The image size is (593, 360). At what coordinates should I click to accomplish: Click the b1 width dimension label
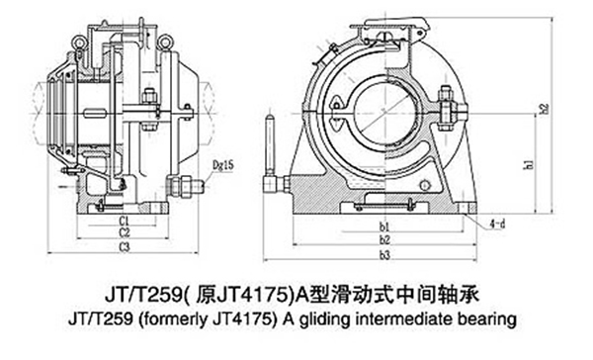(x=384, y=228)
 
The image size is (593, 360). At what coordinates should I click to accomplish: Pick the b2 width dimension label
(x=384, y=240)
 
